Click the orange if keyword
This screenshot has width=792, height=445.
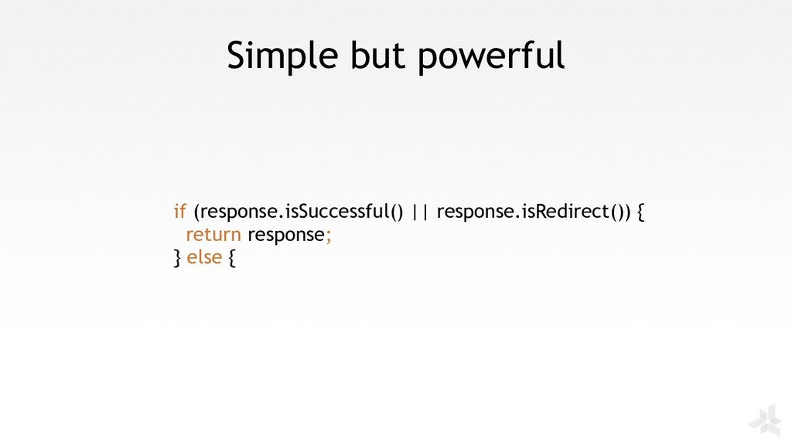[x=179, y=211]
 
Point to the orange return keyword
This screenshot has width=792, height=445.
[x=213, y=235]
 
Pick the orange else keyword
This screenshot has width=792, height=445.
[x=204, y=257]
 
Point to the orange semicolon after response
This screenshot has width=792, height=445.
[x=328, y=236]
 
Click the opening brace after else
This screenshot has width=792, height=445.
[x=231, y=258]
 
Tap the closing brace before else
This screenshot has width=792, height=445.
[x=177, y=258]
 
